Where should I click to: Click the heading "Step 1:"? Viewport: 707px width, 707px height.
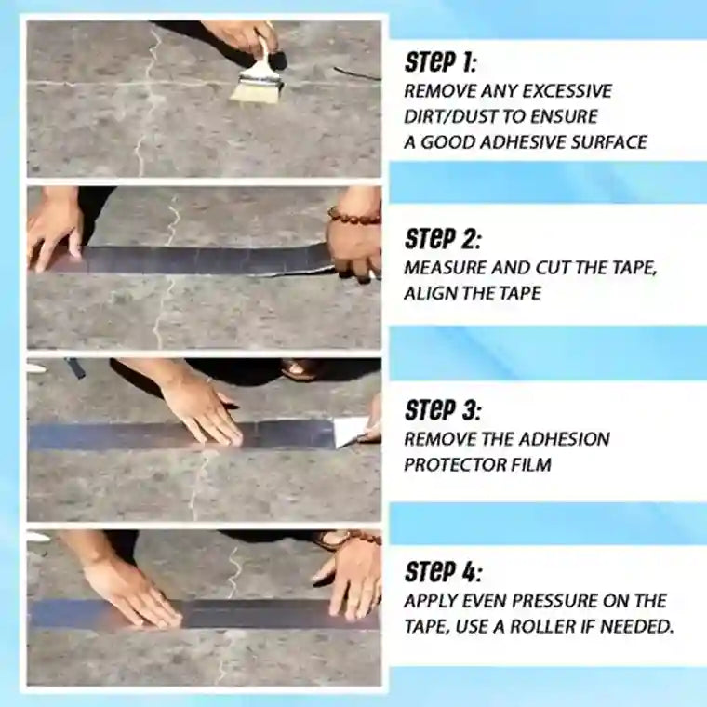[442, 63]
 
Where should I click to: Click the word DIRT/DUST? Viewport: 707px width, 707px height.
[450, 116]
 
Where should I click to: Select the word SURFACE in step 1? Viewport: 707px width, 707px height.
[606, 141]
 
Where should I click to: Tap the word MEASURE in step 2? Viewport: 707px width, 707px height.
[441, 266]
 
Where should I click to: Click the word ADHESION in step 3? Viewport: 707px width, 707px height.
[564, 438]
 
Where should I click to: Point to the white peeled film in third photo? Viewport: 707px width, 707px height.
[352, 432]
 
